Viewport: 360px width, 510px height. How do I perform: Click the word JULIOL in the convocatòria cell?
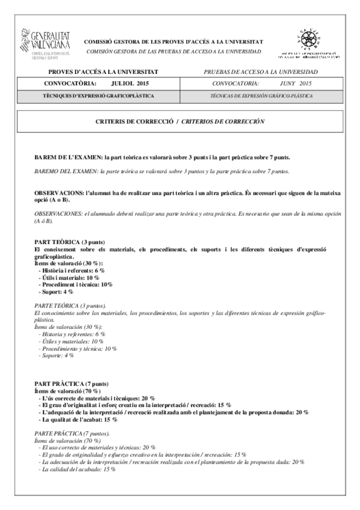120,84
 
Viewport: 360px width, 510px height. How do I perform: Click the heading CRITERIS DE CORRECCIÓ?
133,121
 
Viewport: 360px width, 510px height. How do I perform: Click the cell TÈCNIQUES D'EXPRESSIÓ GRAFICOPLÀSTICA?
99,96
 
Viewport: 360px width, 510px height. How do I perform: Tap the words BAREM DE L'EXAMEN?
68,158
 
